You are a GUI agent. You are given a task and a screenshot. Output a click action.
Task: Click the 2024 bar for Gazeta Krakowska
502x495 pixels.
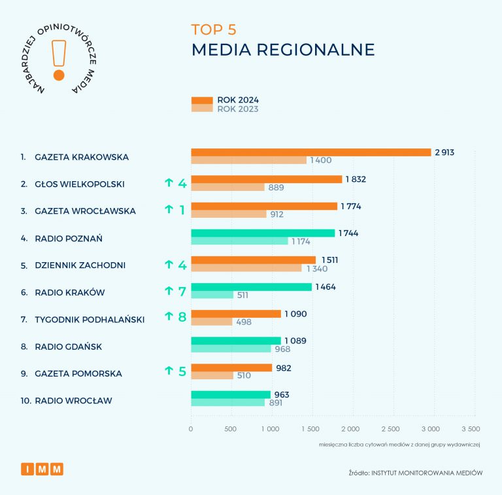click(310, 152)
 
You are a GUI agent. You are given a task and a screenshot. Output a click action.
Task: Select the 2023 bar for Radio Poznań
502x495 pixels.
click(239, 241)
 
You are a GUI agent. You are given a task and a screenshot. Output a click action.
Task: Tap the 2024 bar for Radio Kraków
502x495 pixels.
click(251, 286)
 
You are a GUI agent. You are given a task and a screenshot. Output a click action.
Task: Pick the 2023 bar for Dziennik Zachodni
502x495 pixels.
click(246, 268)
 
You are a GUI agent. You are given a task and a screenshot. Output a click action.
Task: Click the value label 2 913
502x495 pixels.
click(444, 152)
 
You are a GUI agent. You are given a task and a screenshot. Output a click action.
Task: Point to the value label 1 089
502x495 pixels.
click(295, 341)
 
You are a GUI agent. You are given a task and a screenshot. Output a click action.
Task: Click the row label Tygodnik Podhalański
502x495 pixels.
click(90, 319)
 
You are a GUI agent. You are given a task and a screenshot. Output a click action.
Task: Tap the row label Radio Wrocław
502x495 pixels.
click(73, 400)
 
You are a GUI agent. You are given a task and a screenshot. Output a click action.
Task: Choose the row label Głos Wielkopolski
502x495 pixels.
click(80, 184)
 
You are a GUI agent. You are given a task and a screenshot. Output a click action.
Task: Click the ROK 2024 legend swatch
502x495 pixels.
click(202, 100)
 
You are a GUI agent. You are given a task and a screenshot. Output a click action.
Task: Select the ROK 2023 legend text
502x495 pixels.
click(238, 109)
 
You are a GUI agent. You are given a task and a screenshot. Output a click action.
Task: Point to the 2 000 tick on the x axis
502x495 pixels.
click(350, 429)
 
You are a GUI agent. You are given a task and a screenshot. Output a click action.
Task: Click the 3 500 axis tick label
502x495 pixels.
click(471, 429)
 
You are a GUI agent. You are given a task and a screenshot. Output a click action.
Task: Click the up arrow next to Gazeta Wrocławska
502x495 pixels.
click(168, 211)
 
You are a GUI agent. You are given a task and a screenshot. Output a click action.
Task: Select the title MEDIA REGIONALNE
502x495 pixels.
click(283, 50)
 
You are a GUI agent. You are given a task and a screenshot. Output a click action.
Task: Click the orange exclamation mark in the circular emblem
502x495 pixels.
click(59, 60)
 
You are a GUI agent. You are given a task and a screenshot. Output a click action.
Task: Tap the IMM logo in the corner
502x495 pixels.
click(42, 469)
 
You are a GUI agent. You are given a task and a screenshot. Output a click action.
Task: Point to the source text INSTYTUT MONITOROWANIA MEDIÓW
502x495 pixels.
click(427, 473)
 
